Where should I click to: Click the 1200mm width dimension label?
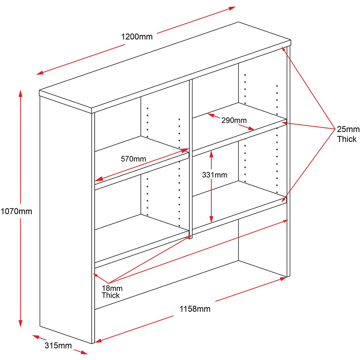(x=137, y=36)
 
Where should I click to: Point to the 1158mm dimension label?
(x=195, y=309)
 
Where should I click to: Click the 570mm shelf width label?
(x=133, y=159)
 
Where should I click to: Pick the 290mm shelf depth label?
(x=234, y=120)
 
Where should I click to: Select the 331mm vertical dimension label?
(x=215, y=175)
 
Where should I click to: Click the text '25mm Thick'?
(x=347, y=134)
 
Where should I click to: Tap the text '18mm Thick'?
(x=112, y=292)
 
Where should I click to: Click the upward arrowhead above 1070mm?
(x=21, y=92)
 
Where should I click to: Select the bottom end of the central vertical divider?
(x=191, y=237)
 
